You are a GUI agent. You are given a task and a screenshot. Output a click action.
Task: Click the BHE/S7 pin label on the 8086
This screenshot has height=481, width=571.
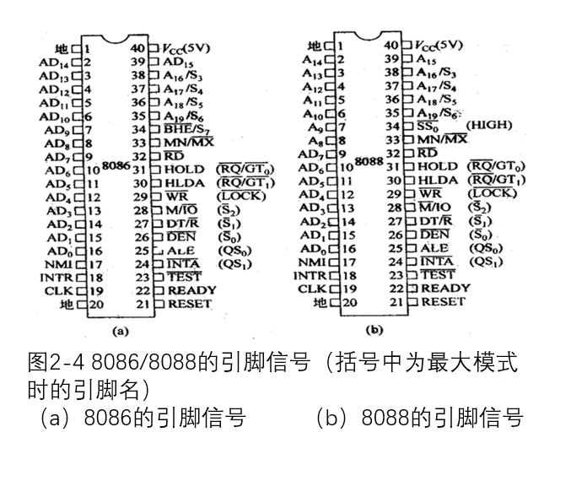tap(188, 128)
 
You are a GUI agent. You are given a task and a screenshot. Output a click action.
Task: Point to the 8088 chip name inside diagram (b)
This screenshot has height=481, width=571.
tap(369, 160)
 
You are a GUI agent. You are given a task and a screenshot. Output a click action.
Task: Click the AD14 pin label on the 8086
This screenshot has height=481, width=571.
tap(53, 62)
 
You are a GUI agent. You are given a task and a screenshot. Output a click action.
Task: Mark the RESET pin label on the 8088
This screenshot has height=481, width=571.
tap(443, 301)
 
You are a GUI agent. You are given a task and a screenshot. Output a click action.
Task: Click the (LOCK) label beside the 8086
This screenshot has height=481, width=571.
tap(241, 197)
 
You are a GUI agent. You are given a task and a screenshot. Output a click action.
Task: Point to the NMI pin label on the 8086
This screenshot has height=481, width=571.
tap(55, 263)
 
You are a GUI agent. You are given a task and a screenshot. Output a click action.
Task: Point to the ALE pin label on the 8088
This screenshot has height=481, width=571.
tap(435, 248)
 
